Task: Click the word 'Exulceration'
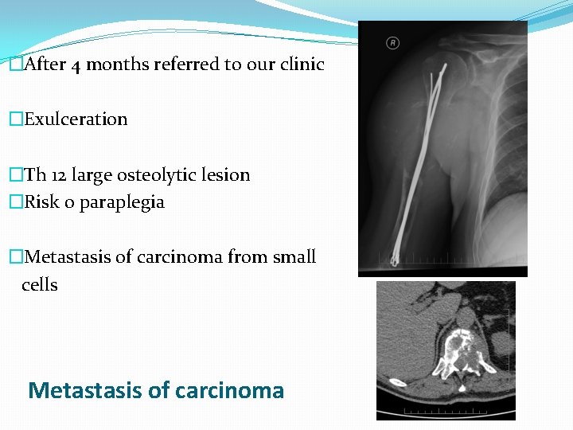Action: pyautogui.click(x=76, y=119)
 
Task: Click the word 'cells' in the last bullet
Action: pyautogui.click(x=40, y=285)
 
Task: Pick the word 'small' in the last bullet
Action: pyautogui.click(x=294, y=257)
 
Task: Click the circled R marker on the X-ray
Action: pyautogui.click(x=392, y=42)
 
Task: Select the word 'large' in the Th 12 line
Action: pyautogui.click(x=96, y=175)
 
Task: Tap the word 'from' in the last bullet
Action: pyautogui.click(x=247, y=257)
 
